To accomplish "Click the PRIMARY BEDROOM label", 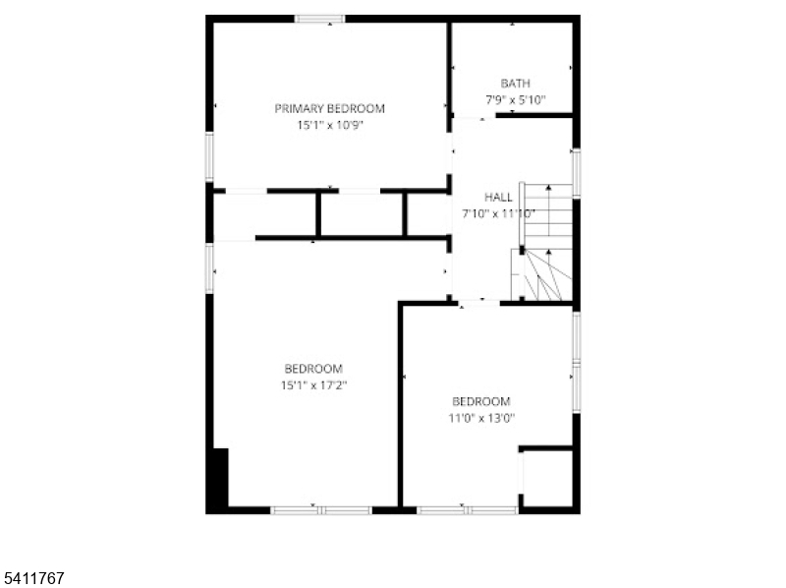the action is coord(329,108).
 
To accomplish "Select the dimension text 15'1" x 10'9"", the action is coord(329,125).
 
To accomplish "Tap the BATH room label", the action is coord(515,84).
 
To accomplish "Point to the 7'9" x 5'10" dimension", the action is coord(515,100).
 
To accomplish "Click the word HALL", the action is coord(498,198).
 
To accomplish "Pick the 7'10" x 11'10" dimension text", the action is coord(498,213).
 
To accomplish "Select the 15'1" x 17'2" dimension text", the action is coord(313,385).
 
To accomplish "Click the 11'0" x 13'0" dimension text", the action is coord(481,418).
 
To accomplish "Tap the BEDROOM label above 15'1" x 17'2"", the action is coord(313,369).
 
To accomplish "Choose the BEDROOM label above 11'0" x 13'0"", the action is coord(481,401).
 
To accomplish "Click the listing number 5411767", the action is coord(32,578).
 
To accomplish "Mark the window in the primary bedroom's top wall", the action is coord(319,19).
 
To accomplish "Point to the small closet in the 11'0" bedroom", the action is coord(547,478).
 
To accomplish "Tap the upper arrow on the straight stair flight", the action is coord(549,189).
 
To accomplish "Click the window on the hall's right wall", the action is coord(577,173).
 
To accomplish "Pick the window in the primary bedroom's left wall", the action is coord(209,156).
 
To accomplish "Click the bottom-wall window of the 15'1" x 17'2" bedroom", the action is coord(321,510).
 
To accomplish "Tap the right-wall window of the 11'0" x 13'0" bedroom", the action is coord(577,362).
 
